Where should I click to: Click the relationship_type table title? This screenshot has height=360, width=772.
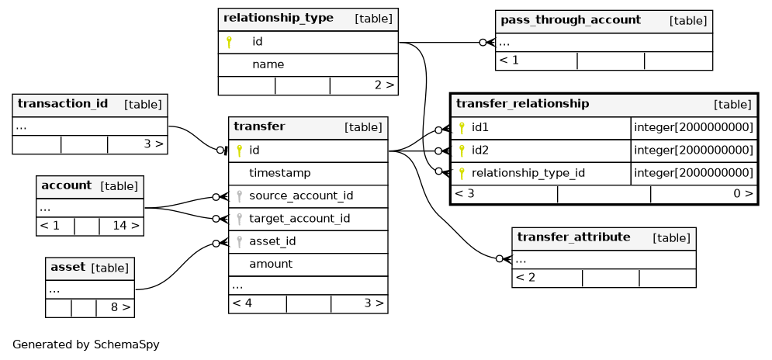(x=279, y=19)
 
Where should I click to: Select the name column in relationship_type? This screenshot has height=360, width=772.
(x=268, y=64)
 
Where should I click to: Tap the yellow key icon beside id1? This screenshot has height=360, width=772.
(x=462, y=128)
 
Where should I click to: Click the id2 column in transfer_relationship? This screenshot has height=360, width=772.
(x=480, y=151)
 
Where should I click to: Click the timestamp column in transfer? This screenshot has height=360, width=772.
(x=279, y=173)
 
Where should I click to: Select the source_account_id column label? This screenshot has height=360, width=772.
(x=301, y=196)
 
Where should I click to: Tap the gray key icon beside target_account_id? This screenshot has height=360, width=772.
(x=239, y=219)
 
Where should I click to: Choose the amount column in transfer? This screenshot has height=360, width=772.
(x=271, y=264)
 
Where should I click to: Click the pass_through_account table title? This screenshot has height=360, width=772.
(x=570, y=20)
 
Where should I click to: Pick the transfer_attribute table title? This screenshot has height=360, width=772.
(x=573, y=237)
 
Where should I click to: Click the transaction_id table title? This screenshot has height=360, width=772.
(x=63, y=104)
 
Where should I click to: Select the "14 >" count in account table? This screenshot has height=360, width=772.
(x=126, y=226)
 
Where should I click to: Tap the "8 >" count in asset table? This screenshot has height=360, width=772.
(x=120, y=307)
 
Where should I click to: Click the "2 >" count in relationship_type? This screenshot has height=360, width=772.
(x=384, y=85)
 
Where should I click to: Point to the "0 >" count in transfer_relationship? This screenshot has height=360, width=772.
(x=743, y=193)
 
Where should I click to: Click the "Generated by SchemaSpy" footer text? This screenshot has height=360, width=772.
(x=85, y=344)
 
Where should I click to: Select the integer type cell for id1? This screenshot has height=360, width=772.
(x=694, y=128)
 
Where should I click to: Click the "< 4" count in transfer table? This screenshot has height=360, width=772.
(x=242, y=303)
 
